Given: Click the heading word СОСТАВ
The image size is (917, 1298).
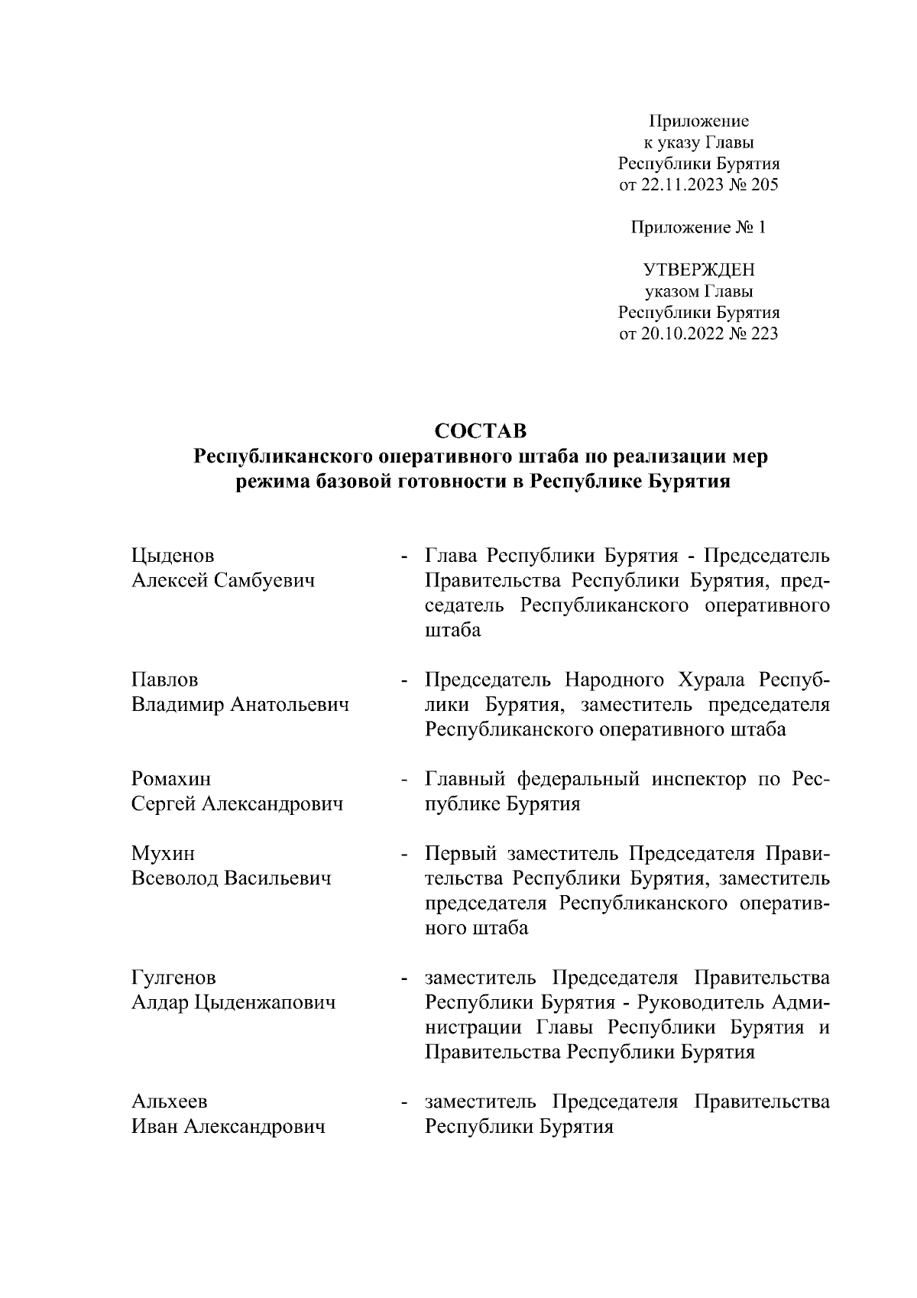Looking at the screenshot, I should pyautogui.click(x=481, y=431).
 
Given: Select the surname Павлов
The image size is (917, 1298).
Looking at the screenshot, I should pyautogui.click(x=164, y=680).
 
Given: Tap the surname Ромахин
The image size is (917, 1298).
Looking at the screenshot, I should pyautogui.click(x=171, y=779).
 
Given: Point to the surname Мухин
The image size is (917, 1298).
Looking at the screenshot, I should pyautogui.click(x=163, y=853).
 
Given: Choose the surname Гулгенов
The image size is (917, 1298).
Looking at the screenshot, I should pyautogui.click(x=173, y=978).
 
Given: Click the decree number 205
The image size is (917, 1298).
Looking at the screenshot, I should pyautogui.click(x=765, y=184).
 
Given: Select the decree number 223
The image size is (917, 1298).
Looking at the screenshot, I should pyautogui.click(x=765, y=333).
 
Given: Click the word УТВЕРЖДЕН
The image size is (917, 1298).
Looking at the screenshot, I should pyautogui.click(x=698, y=270).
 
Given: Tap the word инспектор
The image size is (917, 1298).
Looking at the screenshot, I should pyautogui.click(x=699, y=779).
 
